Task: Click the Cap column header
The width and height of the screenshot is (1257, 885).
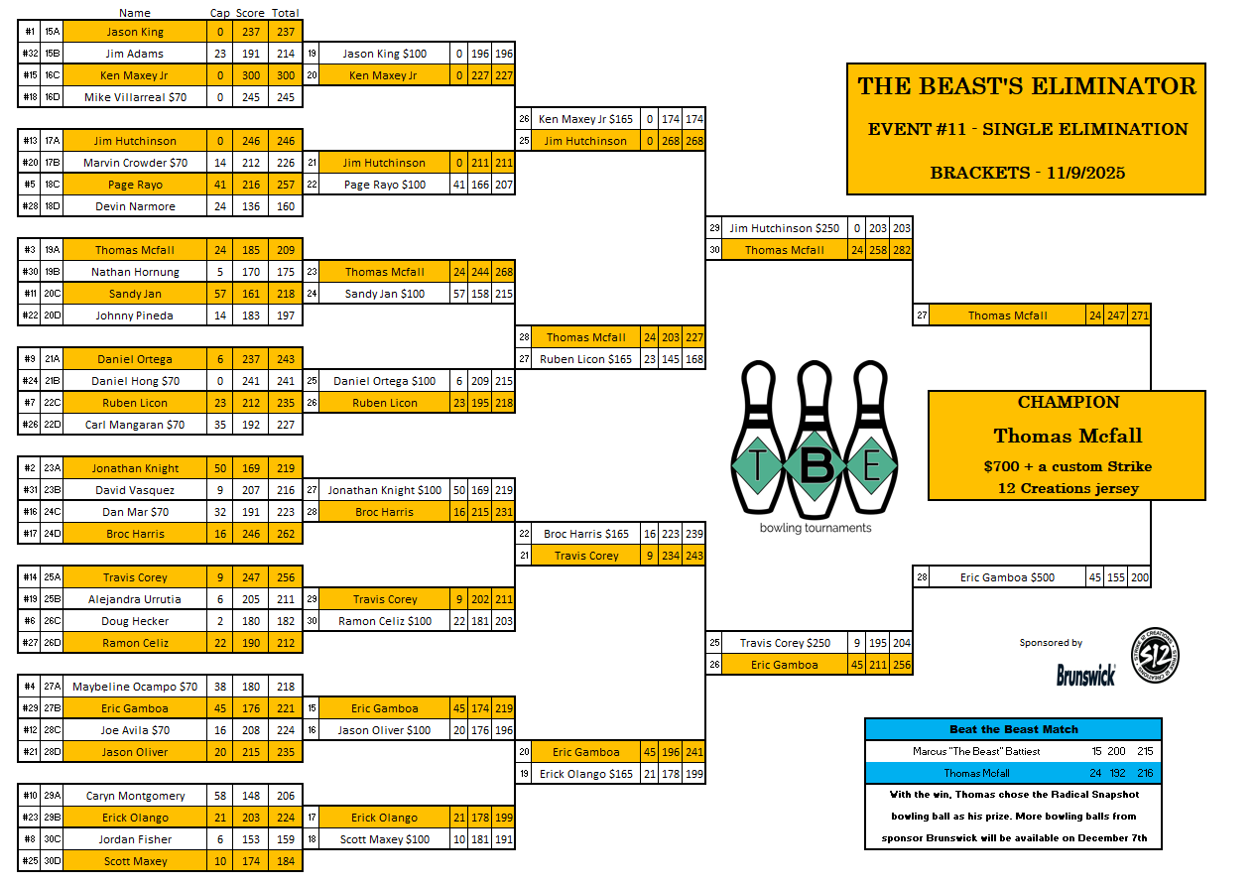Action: (x=219, y=13)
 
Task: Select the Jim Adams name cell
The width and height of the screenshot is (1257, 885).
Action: (x=135, y=54)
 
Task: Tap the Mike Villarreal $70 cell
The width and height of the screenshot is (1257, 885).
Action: (x=135, y=97)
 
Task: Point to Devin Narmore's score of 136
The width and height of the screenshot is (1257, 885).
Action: (x=250, y=206)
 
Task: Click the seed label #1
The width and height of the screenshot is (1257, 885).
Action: (x=30, y=32)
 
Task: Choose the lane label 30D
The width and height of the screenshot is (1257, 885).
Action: (x=52, y=861)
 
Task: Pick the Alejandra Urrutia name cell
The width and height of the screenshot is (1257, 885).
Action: (x=135, y=599)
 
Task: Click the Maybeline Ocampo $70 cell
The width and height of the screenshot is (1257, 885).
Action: (x=135, y=687)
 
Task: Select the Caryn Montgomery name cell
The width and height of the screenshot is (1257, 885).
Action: (x=135, y=796)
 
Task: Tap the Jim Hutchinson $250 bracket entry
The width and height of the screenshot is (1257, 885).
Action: (x=784, y=228)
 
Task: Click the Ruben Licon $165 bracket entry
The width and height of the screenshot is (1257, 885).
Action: (x=585, y=359)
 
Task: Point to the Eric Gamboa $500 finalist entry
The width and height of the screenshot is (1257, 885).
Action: (x=1007, y=577)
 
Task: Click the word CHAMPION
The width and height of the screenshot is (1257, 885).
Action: (x=1068, y=403)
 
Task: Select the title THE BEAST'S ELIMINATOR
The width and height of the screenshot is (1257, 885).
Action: (x=1027, y=86)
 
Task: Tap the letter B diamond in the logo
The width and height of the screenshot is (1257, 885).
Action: (x=814, y=465)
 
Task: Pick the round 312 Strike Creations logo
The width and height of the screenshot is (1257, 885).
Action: (x=1155, y=656)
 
